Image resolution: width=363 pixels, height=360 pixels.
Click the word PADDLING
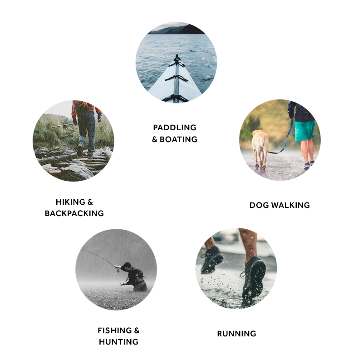[175, 128]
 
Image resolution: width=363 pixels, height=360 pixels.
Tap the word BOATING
[178, 139]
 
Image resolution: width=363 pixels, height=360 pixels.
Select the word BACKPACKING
[74, 213]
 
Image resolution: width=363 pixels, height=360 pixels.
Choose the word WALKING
[290, 205]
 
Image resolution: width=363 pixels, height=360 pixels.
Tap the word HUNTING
[118, 342]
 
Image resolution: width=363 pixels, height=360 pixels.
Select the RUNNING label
[236, 334]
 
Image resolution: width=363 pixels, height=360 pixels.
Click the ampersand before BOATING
[155, 139]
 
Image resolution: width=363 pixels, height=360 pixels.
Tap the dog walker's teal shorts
[304, 130]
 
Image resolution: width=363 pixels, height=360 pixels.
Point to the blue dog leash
[285, 141]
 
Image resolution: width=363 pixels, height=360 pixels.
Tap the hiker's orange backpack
[84, 106]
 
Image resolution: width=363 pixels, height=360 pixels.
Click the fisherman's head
[126, 266]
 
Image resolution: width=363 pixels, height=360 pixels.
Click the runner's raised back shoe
[211, 260]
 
